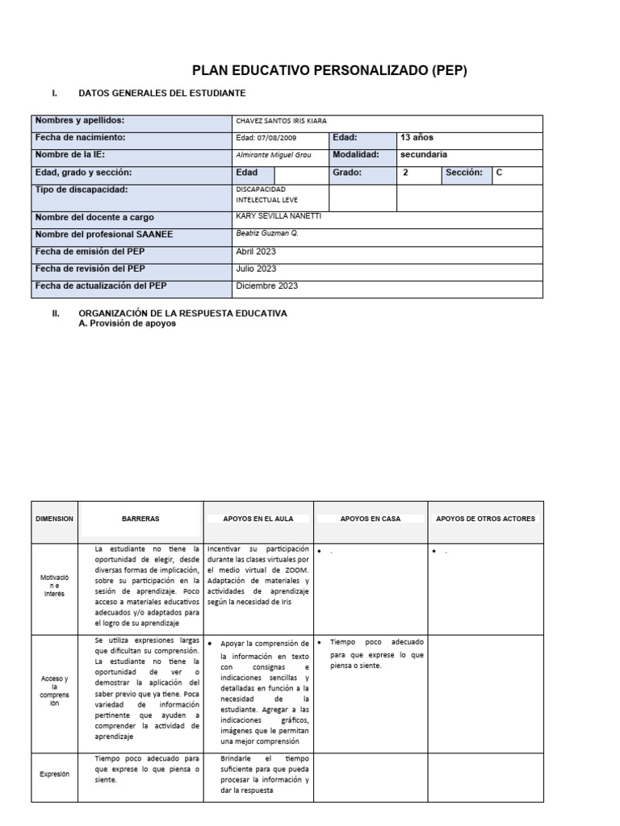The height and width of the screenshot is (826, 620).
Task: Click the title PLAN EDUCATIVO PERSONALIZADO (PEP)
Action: [x=329, y=71]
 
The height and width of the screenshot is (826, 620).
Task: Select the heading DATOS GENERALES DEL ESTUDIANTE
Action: [x=161, y=94]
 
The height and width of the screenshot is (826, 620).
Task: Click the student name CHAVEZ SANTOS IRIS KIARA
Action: [x=281, y=121]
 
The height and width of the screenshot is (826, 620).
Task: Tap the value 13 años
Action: [x=417, y=138]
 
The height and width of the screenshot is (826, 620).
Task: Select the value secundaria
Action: [x=424, y=155]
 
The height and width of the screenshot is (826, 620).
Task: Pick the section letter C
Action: [x=500, y=173]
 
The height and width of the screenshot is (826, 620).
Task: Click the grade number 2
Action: [x=405, y=173]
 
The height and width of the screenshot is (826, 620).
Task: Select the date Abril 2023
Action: [x=256, y=252]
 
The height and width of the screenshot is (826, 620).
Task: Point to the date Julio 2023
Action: [x=256, y=269]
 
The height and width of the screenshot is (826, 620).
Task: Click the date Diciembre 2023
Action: [x=267, y=286]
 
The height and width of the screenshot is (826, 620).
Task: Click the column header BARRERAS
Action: [x=140, y=519]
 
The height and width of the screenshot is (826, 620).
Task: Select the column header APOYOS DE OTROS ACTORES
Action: [x=485, y=519]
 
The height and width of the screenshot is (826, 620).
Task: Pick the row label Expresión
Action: [x=55, y=774]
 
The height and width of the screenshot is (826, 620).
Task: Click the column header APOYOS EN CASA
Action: [x=371, y=519]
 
